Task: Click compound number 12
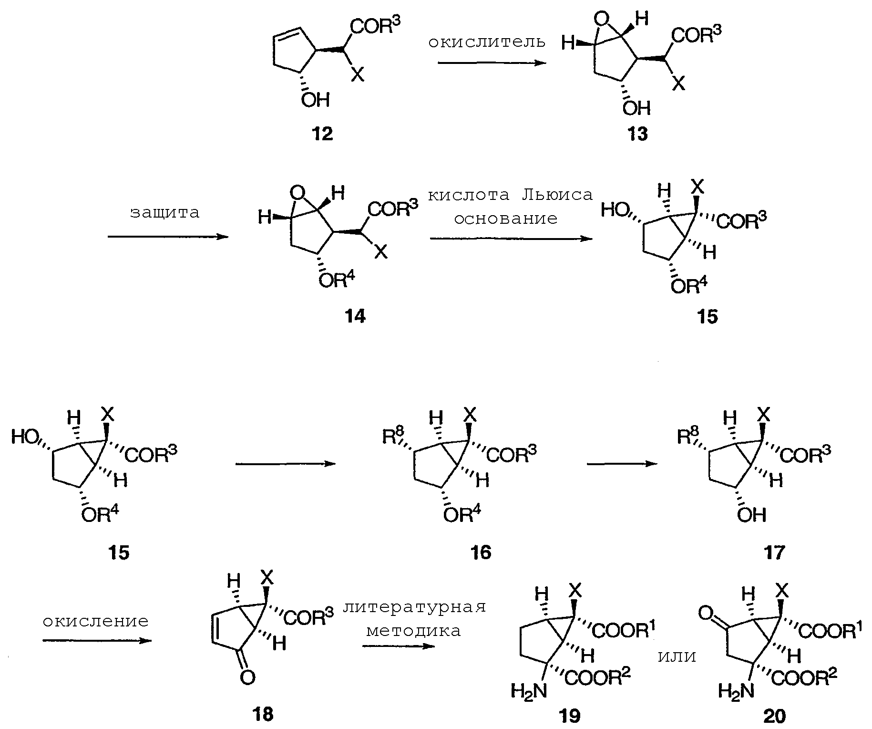pos(322,134)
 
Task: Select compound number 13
pos(637,134)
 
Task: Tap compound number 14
pos(355,316)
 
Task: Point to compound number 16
pos(480,552)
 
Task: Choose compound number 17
pos(774,552)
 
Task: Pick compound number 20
pos(774,716)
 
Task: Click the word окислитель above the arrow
pos(486,42)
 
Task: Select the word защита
pos(164,212)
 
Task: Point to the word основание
pos(505,219)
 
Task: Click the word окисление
pos(95,621)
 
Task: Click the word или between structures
pos(677,657)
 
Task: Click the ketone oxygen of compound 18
pos(247,677)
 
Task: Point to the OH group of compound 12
pos(315,100)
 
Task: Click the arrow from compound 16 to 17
pos(622,463)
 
